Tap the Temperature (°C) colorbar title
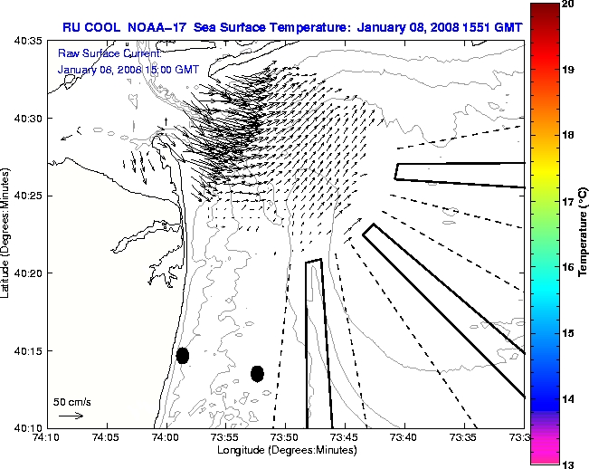[584, 234]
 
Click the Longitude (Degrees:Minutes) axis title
[285, 450]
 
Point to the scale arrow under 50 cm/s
[71, 416]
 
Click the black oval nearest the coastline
[182, 355]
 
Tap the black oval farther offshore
[257, 373]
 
